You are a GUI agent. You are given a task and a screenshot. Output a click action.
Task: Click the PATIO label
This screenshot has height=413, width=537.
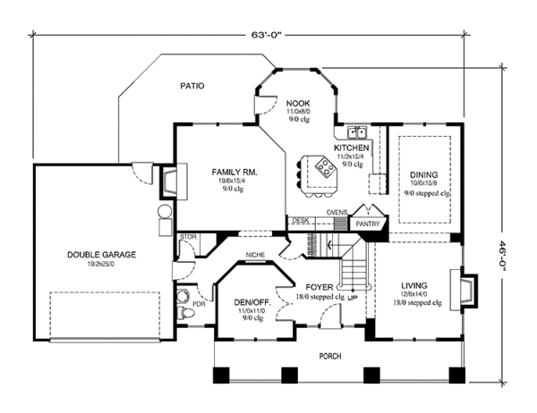191,87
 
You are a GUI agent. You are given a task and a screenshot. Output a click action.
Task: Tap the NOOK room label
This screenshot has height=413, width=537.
297,105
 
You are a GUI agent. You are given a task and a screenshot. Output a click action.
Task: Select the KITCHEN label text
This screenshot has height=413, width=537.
352,147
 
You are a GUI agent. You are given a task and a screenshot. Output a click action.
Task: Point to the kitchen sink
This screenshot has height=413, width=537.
357,131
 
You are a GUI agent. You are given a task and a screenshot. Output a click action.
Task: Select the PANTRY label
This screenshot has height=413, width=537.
367,224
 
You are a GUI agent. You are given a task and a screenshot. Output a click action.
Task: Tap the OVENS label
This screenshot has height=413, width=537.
337,212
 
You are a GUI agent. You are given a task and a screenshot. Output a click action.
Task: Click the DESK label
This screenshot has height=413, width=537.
301,220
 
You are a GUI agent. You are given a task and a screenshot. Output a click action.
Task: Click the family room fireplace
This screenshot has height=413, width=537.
178,183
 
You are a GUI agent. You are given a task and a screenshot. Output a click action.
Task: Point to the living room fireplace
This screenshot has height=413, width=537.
468,290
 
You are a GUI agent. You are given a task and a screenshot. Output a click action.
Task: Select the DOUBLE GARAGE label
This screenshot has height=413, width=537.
101,255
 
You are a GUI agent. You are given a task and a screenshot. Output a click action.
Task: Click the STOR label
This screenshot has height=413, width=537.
187,237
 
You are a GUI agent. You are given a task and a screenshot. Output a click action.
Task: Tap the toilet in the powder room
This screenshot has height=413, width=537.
183,298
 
